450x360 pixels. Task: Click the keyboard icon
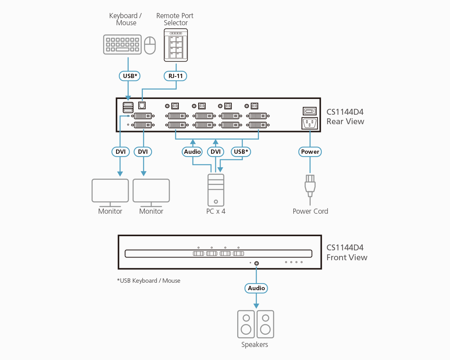[x=122, y=44]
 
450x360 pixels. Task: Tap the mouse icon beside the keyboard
[x=150, y=45]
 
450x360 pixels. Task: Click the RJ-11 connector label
[x=175, y=75]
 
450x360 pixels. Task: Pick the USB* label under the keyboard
[x=130, y=75]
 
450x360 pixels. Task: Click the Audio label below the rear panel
[x=193, y=152]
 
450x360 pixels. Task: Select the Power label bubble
[x=310, y=152]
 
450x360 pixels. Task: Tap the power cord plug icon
[x=310, y=185]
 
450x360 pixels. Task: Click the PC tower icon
[x=216, y=190]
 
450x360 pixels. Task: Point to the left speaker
[x=246, y=324]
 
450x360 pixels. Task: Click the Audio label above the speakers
[x=256, y=288]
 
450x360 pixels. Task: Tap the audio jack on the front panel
[x=257, y=263]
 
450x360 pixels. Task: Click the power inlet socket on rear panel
[x=309, y=123]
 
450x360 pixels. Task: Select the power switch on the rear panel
[x=309, y=111]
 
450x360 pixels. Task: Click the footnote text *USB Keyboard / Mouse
[x=148, y=281]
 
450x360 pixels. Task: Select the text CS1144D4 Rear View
[x=345, y=116]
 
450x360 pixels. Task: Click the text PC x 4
[x=216, y=211]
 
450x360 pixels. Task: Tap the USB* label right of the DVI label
[x=241, y=152]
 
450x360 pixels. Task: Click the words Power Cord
[x=310, y=211]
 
